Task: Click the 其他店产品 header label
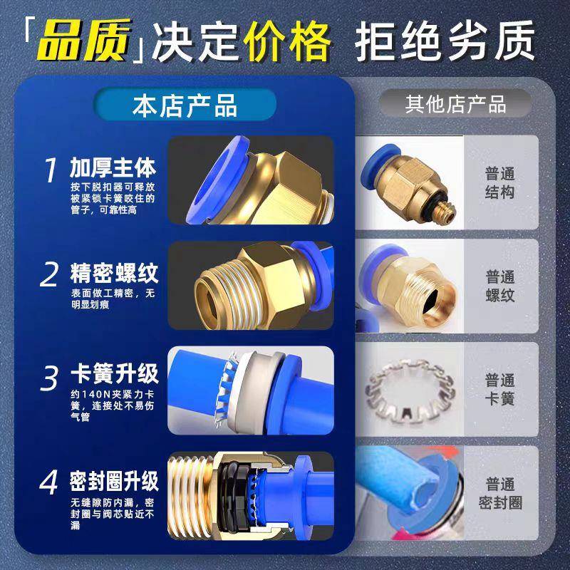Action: click(x=456, y=104)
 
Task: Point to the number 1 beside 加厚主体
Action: click(x=51, y=171)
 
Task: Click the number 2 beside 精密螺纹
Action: click(x=50, y=274)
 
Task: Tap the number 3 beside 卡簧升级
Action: click(x=50, y=378)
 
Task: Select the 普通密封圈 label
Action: click(x=500, y=493)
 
